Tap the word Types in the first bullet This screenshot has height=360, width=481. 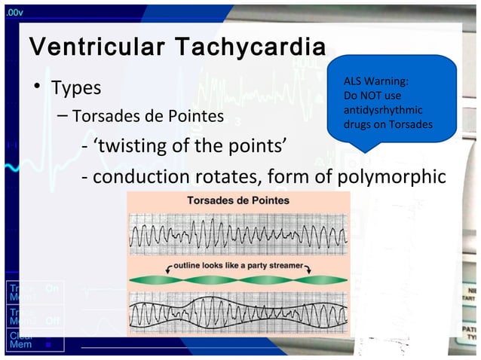coord(75,87)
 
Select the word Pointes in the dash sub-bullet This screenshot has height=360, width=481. coord(196,117)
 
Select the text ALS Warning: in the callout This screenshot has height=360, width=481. coord(376,83)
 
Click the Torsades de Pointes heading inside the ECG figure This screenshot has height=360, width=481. coord(237,201)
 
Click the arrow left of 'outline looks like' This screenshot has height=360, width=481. coord(167,267)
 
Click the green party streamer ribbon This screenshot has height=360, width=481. coord(237,280)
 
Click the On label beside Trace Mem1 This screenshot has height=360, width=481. coord(52,288)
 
